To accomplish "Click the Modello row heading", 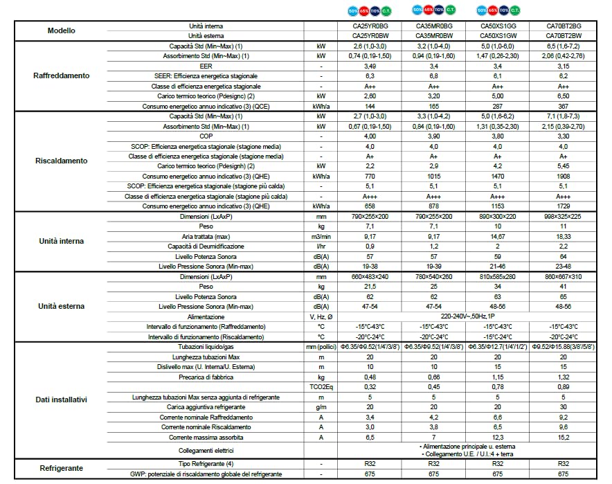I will coord(62,30).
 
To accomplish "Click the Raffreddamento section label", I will coord(62,75).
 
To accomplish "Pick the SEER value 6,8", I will coord(434,75).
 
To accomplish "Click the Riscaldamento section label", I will coord(62,161).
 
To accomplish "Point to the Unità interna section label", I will coord(62,242).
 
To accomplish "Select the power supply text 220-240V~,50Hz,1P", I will coord(466,316).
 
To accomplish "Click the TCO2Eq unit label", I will coord(321,387).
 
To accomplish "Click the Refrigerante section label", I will coord(62,469).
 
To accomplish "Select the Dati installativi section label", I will coord(62,400).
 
